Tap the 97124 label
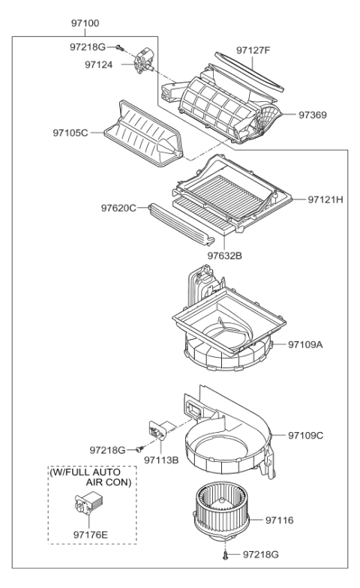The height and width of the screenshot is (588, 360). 98,64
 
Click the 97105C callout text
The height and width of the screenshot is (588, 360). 70,133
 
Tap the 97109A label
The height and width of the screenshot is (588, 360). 307,344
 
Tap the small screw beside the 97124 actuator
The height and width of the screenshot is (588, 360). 120,46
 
